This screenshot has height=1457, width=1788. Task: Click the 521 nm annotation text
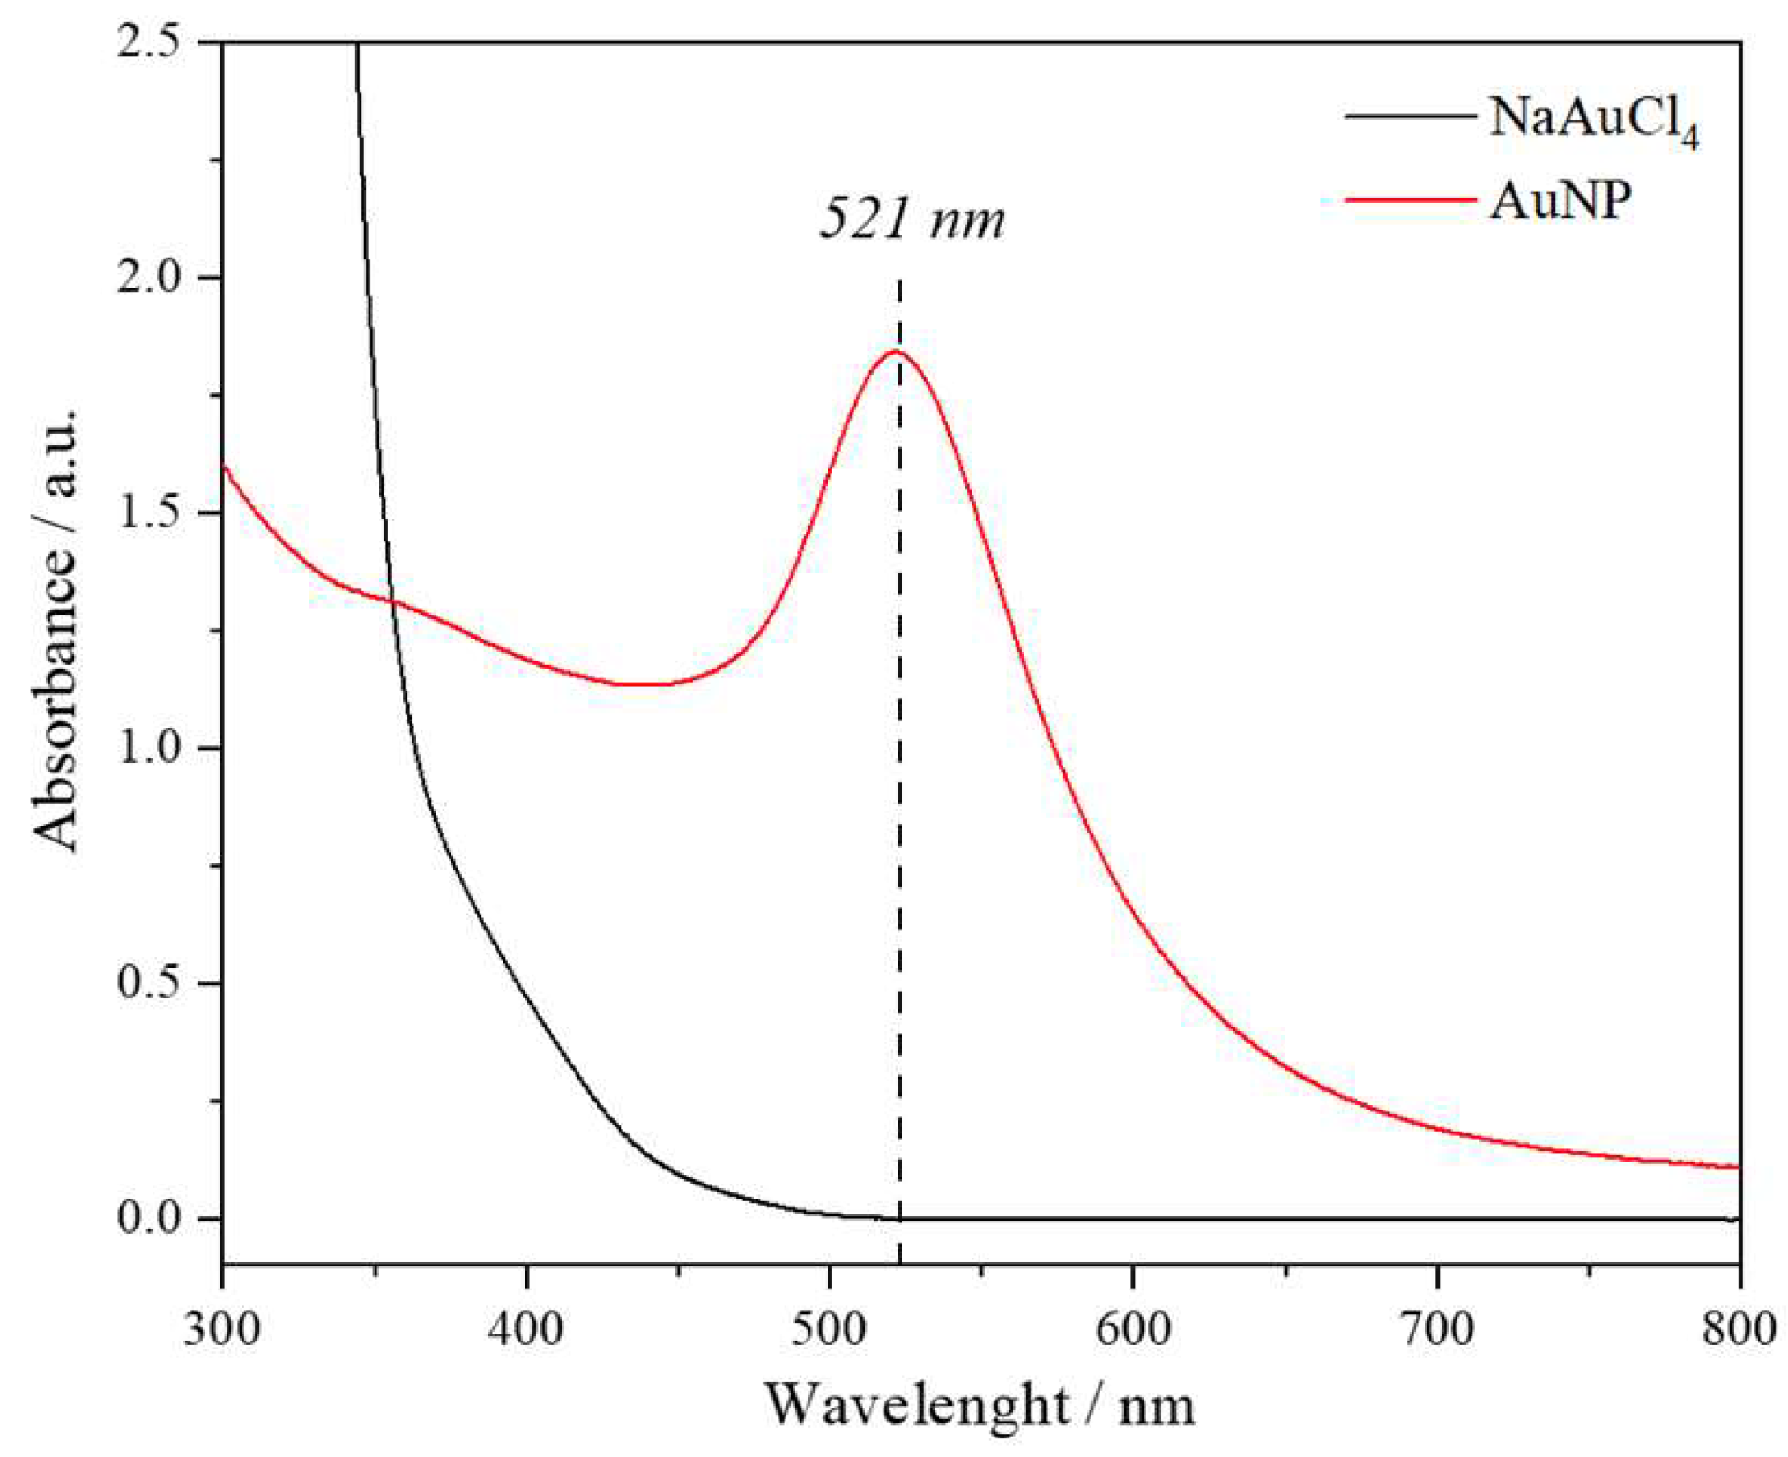tap(912, 218)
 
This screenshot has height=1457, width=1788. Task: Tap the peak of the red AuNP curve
tap(896, 352)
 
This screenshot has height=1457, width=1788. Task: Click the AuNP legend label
tap(1561, 201)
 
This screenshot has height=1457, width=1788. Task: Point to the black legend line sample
tap(1410, 116)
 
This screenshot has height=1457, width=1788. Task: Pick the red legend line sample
tap(1410, 200)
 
